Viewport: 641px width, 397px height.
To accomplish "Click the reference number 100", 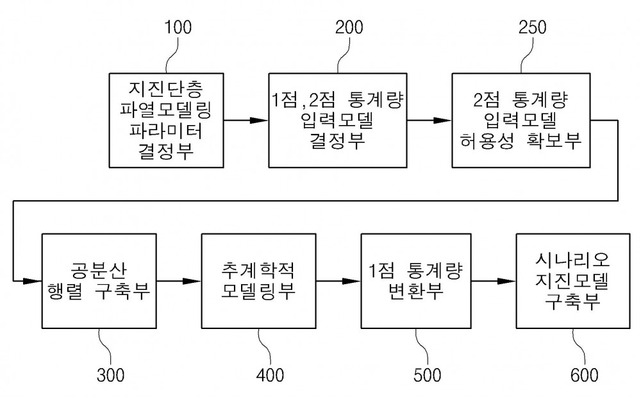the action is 178,28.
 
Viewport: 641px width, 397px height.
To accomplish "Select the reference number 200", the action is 349,28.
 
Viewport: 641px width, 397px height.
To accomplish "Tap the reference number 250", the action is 532,28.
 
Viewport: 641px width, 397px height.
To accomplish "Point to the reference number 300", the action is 110,375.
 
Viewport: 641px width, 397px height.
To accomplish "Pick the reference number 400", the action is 270,375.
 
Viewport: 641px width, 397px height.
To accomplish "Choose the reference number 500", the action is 427,375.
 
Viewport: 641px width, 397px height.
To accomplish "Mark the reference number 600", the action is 584,375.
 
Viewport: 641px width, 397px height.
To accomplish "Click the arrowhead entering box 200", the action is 259,120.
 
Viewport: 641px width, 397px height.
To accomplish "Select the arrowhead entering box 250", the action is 442,120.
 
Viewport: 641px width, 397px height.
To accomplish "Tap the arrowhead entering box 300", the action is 32,281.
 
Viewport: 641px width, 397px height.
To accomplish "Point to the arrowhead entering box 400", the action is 192,281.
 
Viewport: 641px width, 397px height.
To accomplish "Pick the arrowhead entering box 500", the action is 351,281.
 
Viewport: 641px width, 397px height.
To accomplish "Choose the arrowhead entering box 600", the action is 506,281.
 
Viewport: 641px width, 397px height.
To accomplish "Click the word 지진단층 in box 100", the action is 166,88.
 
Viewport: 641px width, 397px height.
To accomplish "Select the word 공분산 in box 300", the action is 99,270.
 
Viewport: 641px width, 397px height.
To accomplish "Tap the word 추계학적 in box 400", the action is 258,270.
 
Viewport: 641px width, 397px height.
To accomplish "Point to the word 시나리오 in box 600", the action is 572,259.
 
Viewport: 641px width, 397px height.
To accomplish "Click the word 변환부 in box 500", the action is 416,291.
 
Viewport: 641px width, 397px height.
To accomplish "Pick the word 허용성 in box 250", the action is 487,141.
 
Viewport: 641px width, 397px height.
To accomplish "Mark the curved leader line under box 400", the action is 264,347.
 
